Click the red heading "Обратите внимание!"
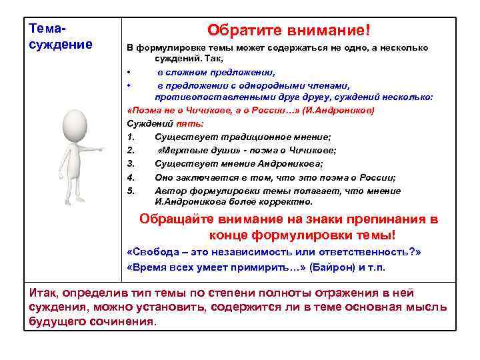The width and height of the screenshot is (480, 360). pos(288,31)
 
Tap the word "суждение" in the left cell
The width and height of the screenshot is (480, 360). pos(61,45)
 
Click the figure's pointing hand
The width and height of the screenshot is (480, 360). pos(101,150)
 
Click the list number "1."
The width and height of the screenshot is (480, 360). pos(131,137)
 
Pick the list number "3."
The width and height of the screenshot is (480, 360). pos(131,164)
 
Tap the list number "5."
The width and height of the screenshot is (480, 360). pos(131,191)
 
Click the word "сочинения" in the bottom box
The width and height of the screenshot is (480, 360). pos(124,321)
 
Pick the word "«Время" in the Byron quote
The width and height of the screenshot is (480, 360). pos(145,267)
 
